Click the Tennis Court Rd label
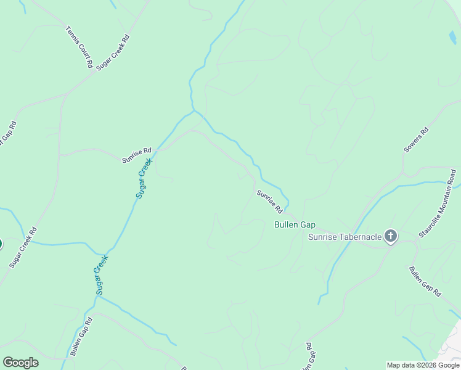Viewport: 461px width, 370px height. coord(80,47)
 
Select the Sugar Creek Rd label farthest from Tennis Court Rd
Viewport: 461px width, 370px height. coord(23,247)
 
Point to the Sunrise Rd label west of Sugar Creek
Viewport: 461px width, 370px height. coord(136,155)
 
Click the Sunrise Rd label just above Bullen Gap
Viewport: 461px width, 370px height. coord(270,201)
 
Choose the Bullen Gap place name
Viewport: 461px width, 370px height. coord(295,224)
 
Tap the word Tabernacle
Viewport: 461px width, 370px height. coord(357,237)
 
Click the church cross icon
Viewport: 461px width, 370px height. coord(390,236)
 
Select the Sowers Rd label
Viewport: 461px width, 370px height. coord(416,141)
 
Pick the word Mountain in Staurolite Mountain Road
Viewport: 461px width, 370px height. coord(447,199)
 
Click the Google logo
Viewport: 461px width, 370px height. coord(20,363)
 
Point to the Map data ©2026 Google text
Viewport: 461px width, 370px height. coord(423,365)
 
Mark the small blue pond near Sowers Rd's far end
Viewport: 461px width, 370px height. coord(454,38)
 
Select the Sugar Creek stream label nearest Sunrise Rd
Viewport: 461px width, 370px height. coord(144,178)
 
